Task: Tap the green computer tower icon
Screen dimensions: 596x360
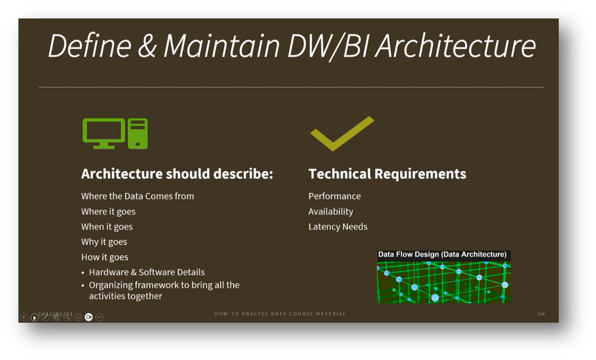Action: coord(138,133)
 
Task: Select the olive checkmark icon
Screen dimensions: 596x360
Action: coord(342,133)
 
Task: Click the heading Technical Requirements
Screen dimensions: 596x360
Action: coord(387,174)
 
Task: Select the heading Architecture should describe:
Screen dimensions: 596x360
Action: coord(177,174)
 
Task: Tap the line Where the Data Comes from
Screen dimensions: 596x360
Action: coord(137,196)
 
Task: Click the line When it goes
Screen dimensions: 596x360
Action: coord(107,227)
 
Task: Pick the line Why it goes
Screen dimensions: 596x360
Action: coord(104,242)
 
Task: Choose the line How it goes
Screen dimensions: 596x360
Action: coord(105,257)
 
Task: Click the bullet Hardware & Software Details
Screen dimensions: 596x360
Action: coord(147,272)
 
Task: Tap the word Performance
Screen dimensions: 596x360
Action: coord(334,196)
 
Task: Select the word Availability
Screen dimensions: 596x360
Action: coord(330,211)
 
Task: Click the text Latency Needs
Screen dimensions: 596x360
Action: coord(338,227)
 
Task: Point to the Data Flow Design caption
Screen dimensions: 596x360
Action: coord(442,255)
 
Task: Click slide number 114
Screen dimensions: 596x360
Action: coord(541,314)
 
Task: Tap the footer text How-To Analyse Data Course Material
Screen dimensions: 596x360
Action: coord(280,314)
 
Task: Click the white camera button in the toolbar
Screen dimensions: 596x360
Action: coord(89,317)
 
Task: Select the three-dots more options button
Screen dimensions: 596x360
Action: coord(100,317)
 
